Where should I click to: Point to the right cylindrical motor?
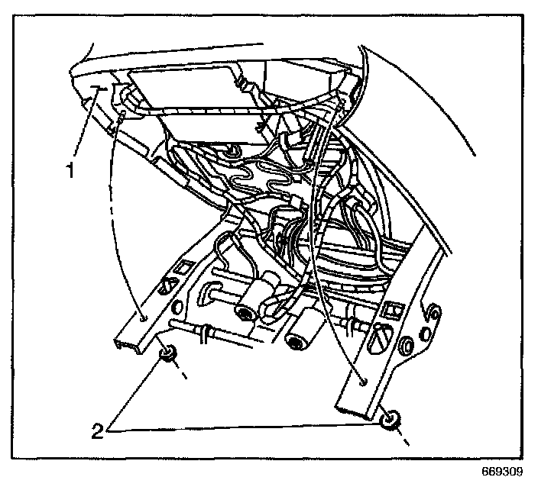pyautogui.click(x=299, y=333)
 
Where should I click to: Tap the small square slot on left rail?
pyautogui.click(x=183, y=268)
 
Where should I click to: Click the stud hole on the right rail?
pyautogui.click(x=365, y=379)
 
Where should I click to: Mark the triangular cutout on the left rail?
pyautogui.click(x=164, y=289)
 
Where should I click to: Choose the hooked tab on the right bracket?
pyautogui.click(x=432, y=311)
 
